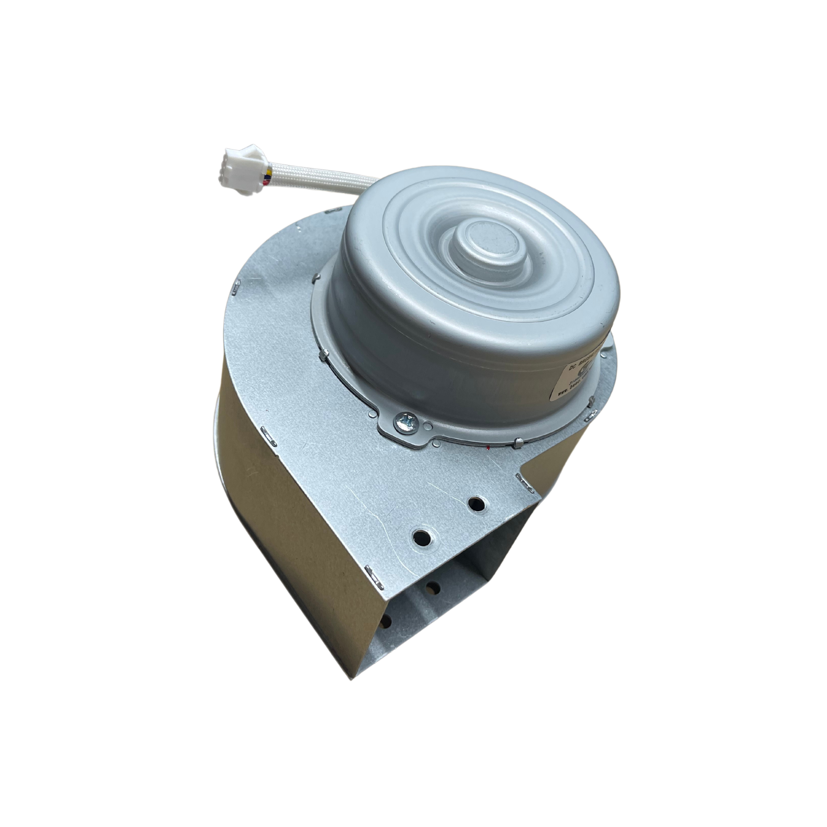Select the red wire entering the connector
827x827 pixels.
tap(268, 182)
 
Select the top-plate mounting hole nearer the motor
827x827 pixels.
tap(476, 503)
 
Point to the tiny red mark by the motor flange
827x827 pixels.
tap(488, 447)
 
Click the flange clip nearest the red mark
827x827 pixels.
tap(518, 441)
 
